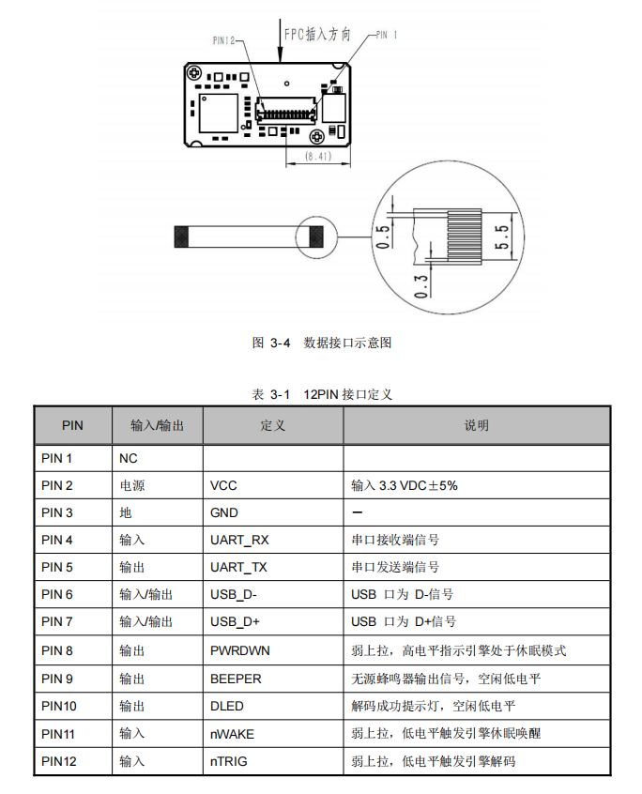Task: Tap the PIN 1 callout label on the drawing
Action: [x=387, y=35]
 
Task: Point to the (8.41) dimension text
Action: [x=318, y=157]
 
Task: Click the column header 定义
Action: [x=272, y=425]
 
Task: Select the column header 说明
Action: [x=476, y=425]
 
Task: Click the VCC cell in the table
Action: [x=223, y=485]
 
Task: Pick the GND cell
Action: [x=224, y=512]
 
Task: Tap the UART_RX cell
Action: [x=239, y=540]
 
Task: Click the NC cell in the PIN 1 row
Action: [x=129, y=458]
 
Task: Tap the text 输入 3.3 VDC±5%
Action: [x=405, y=485]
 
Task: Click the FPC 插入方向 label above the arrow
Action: [x=317, y=35]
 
